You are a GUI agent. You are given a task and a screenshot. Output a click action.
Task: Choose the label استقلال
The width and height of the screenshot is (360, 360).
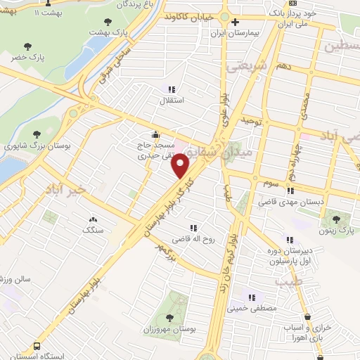[x=172, y=100]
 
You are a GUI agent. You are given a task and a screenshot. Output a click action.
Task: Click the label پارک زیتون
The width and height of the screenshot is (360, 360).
[x=333, y=231]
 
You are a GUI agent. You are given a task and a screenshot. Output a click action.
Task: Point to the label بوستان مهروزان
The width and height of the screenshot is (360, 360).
[x=172, y=330]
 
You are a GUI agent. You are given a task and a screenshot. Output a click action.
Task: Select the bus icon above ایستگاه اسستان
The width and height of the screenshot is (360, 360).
[x=37, y=347]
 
